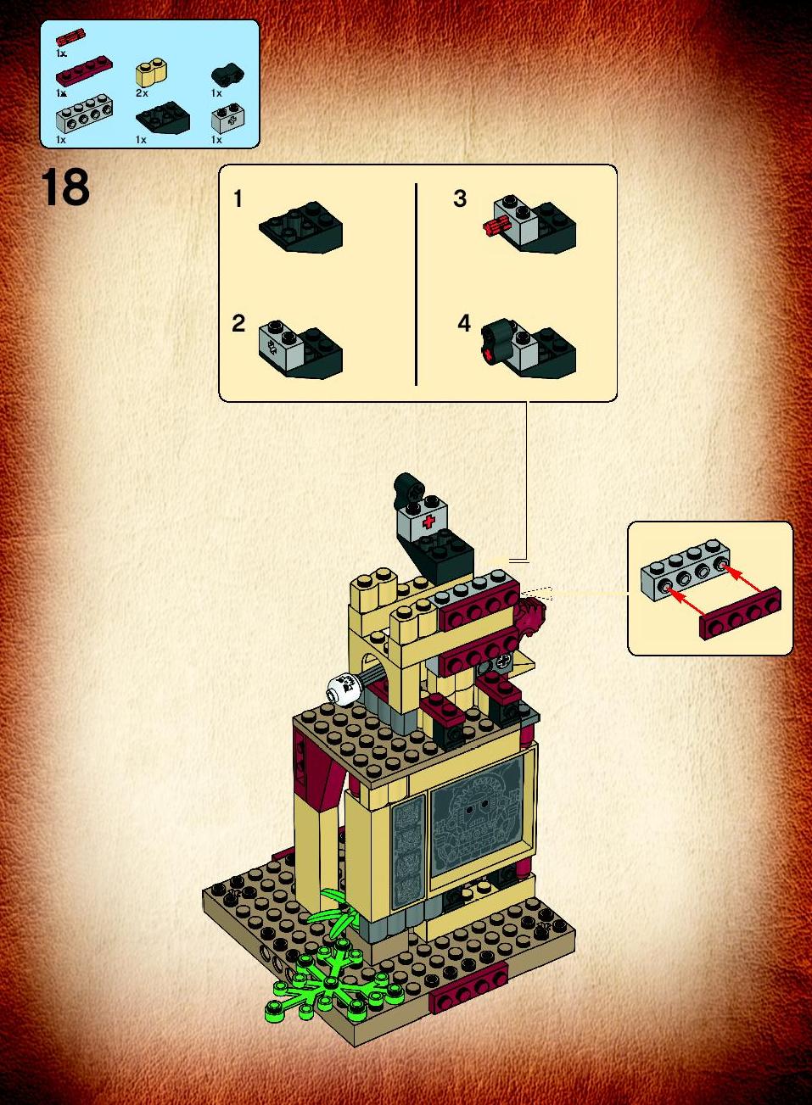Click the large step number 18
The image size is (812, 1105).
click(x=65, y=187)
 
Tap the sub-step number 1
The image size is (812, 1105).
click(x=238, y=198)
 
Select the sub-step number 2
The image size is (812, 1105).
click(x=238, y=324)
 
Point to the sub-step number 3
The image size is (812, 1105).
click(x=460, y=198)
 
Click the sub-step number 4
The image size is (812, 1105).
click(x=464, y=323)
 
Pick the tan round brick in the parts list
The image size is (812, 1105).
click(x=151, y=74)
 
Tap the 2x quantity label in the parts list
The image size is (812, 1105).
click(x=142, y=92)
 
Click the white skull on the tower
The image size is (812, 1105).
click(x=344, y=687)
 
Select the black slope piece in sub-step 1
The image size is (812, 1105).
click(x=301, y=226)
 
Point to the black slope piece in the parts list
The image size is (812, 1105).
click(x=162, y=117)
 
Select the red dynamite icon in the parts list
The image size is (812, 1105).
click(x=70, y=38)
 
